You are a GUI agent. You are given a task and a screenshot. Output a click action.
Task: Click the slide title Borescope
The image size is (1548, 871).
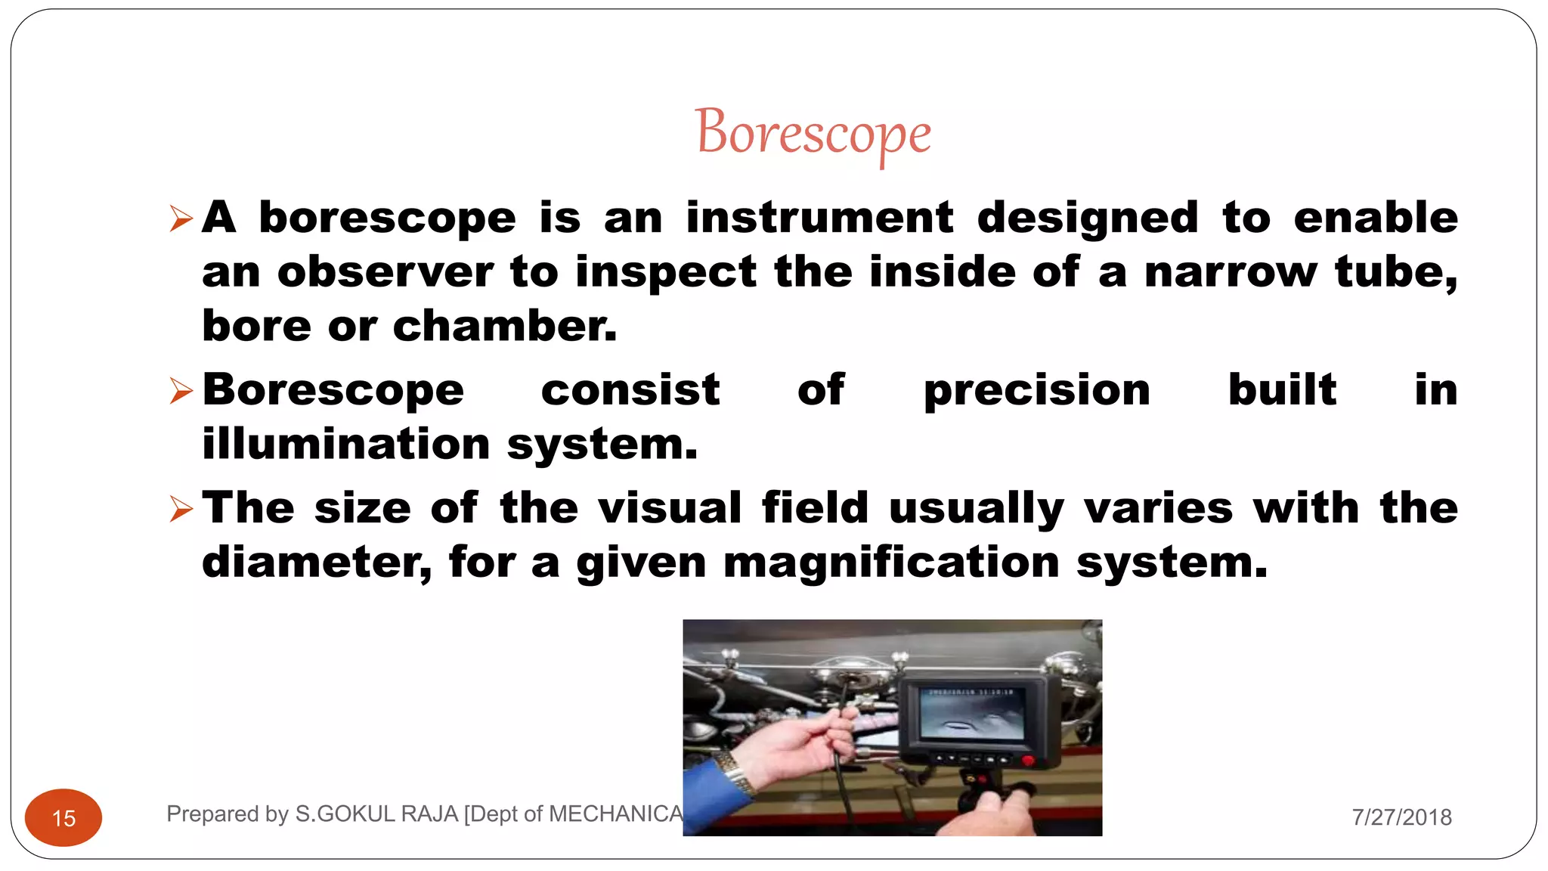coord(813,133)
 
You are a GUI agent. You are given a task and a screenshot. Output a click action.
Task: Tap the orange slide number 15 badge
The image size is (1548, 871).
coord(63,817)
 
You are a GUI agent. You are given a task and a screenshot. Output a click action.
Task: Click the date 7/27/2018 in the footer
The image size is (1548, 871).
coord(1401,817)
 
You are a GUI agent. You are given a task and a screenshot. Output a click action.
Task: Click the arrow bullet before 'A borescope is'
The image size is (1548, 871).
coord(181,219)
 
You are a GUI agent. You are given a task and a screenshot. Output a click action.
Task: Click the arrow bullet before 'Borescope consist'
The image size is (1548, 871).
coord(181,391)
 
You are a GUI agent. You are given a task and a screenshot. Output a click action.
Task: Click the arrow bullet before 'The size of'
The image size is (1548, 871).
coord(181,509)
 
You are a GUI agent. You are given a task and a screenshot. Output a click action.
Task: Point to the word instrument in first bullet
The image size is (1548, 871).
coord(819,218)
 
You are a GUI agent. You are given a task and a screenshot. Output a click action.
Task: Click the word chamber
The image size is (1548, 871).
coord(504,326)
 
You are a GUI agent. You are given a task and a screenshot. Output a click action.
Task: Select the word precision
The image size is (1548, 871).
coord(1036,391)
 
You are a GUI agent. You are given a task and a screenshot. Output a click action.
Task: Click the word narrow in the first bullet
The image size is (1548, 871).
coord(1231,272)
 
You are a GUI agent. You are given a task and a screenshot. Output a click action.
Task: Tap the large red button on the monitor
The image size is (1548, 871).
coord(1027,760)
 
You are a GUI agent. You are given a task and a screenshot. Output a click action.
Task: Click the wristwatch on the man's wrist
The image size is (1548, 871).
coord(734,771)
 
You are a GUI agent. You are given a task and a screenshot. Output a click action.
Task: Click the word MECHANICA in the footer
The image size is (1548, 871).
coord(615,814)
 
